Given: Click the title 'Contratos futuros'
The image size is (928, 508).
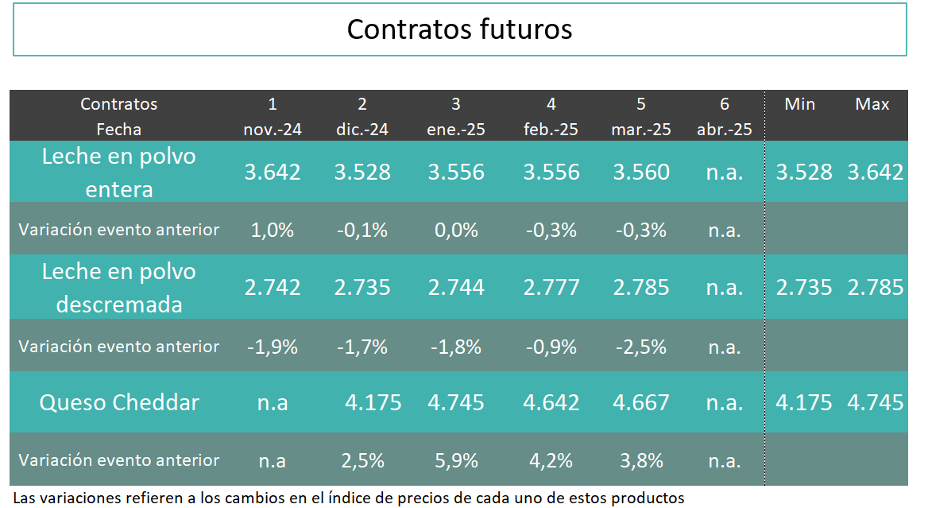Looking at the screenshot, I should click(459, 29).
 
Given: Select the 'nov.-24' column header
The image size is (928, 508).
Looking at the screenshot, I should click(273, 130).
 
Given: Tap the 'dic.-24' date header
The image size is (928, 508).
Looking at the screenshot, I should click(362, 130).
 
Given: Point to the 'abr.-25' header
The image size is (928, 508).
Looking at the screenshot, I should click(724, 130).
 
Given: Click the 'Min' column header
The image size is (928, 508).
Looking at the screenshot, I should click(799, 104).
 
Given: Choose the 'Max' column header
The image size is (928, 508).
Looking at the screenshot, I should click(872, 104).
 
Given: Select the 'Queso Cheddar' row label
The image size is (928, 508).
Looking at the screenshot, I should click(119, 402).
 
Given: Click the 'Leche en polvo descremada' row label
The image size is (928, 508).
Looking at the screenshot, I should click(119, 288).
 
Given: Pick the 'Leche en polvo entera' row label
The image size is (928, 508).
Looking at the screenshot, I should click(119, 173).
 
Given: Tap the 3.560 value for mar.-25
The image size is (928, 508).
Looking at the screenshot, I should click(641, 173).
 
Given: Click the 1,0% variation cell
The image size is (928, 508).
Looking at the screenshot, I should click(273, 231).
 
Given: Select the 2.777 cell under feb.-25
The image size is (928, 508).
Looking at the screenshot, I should click(551, 288).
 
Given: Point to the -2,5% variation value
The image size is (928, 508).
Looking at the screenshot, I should click(641, 347).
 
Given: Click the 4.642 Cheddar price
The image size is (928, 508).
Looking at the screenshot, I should click(551, 402).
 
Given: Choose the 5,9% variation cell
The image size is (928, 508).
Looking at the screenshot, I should click(455, 460).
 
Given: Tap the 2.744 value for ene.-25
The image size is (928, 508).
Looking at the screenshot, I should click(455, 288).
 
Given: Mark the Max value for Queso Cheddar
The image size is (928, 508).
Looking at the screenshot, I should click(876, 402).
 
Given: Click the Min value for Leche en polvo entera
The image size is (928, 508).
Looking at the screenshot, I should click(804, 173).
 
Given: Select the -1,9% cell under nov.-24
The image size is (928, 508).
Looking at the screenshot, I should click(273, 347).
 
